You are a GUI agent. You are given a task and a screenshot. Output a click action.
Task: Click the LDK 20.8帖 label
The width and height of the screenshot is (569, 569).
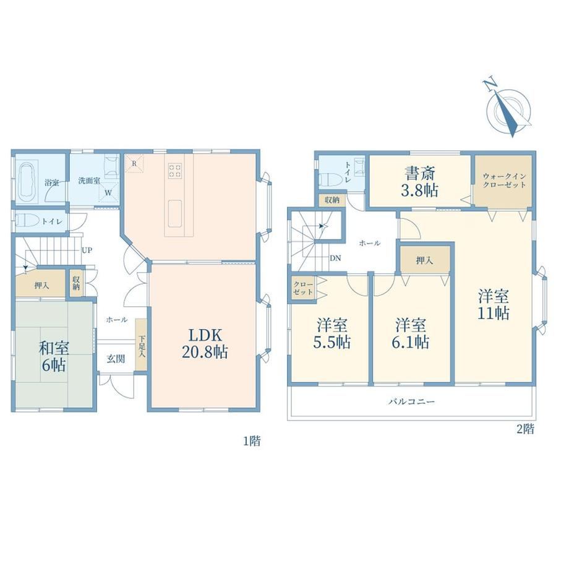tap(205, 343)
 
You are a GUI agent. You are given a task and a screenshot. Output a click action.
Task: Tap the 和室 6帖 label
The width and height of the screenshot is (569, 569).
tap(54, 356)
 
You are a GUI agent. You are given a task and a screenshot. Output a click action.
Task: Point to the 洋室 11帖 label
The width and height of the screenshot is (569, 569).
tap(493, 304)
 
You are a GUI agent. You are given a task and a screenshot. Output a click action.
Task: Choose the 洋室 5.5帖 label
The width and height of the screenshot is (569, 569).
tap(332, 333)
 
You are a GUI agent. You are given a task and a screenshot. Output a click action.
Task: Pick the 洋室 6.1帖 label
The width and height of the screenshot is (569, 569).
tap(411, 333)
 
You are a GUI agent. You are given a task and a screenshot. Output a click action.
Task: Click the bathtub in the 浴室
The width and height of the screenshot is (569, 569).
tap(28, 181)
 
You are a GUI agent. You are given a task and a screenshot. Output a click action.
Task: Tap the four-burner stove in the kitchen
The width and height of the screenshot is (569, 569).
tap(175, 170)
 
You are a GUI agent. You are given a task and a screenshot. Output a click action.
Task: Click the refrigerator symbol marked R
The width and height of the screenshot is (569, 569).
tap(134, 164)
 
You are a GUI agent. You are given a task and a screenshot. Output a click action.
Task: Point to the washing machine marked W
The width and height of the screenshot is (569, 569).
tap(108, 193)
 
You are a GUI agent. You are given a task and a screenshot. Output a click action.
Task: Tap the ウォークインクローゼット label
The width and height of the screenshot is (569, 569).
tap(504, 181)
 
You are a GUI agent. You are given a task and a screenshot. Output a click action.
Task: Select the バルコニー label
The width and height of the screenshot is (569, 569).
tap(411, 402)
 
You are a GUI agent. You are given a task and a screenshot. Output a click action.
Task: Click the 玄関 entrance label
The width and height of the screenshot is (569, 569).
tap(116, 359)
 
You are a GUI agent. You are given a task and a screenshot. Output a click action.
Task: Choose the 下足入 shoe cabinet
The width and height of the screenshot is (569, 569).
tap(141, 344)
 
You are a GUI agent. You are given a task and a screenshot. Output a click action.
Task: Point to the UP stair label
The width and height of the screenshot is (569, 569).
tap(87, 250)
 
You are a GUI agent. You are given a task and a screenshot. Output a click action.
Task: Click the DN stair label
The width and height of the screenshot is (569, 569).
tap(335, 259)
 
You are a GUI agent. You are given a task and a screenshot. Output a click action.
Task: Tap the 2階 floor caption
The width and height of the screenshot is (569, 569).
tap(525, 429)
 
